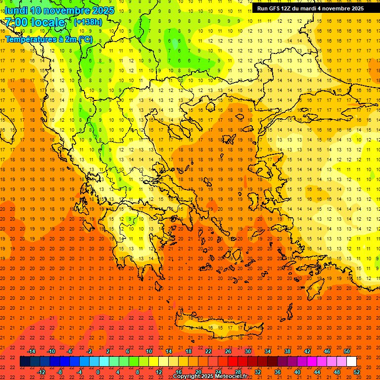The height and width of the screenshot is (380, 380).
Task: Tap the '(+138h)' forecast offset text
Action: tap(88, 22)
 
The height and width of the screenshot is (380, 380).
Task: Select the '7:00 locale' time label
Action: tap(35, 22)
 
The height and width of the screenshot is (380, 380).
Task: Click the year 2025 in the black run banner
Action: tap(354, 8)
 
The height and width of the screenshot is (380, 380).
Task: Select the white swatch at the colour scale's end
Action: tap(351, 362)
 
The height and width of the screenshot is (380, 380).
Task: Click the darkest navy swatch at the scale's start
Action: tap(25, 362)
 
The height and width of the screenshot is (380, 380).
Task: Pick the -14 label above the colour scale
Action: tap(32, 351)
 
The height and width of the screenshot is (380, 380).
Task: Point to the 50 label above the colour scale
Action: tap(347, 351)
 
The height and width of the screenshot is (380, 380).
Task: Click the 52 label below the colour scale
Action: tap(356, 372)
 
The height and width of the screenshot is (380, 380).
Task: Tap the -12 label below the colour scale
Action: tap(41, 372)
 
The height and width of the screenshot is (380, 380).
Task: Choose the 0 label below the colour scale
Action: tap(98, 372)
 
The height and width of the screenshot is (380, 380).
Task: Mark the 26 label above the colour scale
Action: tap(228, 351)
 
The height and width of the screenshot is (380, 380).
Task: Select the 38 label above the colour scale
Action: tap(287, 351)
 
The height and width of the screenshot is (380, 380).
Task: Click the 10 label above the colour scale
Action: tap(149, 351)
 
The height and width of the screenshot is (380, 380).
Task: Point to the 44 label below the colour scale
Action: tap(317, 372)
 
